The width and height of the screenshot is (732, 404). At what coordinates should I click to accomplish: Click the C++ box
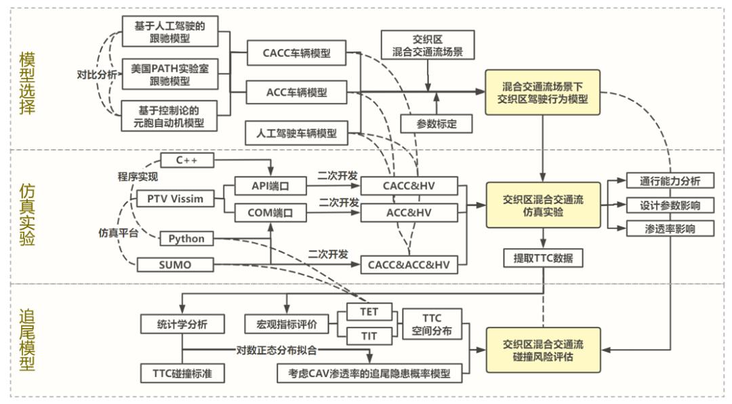click(x=188, y=161)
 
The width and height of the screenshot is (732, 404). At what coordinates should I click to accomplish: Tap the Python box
click(x=186, y=239)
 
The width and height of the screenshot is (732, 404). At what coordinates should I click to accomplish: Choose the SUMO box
click(x=174, y=264)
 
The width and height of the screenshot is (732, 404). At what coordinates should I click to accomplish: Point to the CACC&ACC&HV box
click(x=409, y=264)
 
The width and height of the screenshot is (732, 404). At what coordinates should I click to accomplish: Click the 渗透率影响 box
click(x=669, y=228)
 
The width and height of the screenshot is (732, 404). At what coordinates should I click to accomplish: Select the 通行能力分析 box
click(x=669, y=180)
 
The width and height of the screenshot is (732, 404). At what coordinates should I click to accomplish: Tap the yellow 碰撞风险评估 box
click(x=544, y=350)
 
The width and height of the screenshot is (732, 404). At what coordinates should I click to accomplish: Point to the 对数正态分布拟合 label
click(x=276, y=350)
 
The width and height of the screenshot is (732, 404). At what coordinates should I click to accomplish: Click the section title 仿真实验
click(x=28, y=215)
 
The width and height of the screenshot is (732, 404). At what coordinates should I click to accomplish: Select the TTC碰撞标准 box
click(x=182, y=372)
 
